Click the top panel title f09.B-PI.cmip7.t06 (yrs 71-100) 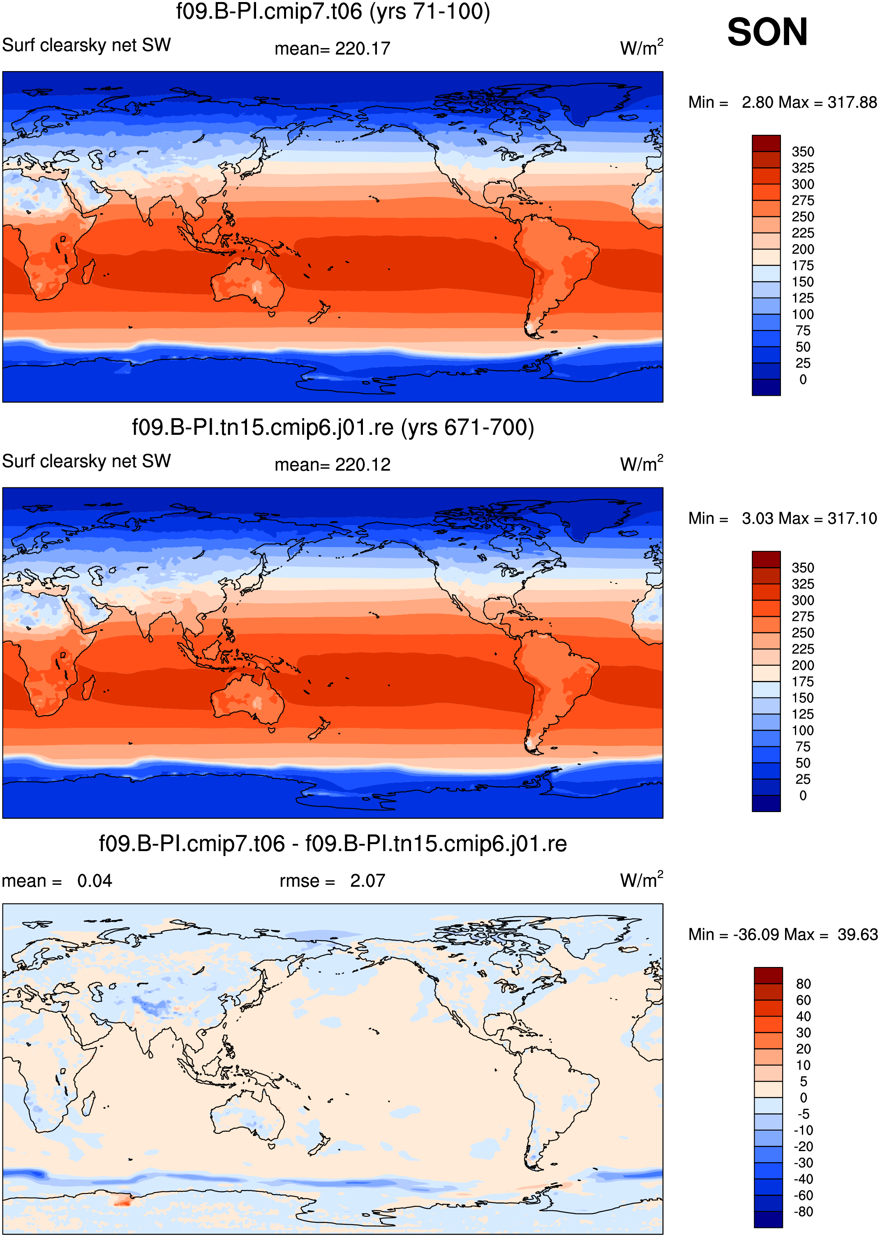(x=333, y=12)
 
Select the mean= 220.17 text (x=332, y=49)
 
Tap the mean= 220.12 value (x=332, y=465)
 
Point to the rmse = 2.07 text (x=332, y=881)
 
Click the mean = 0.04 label (x=57, y=881)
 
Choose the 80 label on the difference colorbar (x=803, y=984)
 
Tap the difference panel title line (x=333, y=844)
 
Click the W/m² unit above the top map (x=642, y=47)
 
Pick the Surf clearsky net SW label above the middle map (x=86, y=462)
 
